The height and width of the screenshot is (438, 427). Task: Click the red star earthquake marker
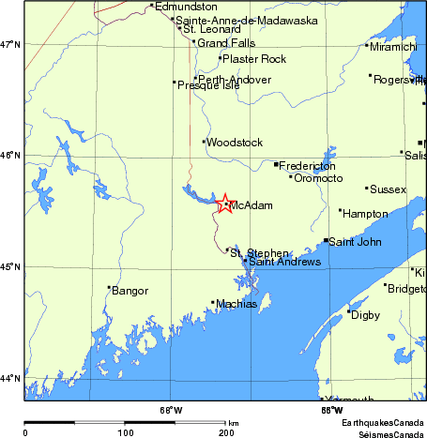pos(224,204)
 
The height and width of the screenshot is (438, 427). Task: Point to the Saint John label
pos(355,242)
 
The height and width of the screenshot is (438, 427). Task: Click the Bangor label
pos(130,291)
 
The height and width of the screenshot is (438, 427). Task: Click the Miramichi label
pos(393,46)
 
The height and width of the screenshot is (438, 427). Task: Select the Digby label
pos(365,315)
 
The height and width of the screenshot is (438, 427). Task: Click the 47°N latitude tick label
pos(10,44)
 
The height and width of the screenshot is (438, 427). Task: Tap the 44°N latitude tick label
pos(10,378)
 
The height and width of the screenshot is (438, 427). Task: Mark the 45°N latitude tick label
pos(10,267)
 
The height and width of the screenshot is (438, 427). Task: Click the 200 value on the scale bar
pos(226,432)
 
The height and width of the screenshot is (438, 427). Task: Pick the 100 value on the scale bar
pos(125,432)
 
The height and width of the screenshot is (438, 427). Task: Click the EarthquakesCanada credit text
pos(383,424)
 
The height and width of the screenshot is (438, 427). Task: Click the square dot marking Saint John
pos(326,241)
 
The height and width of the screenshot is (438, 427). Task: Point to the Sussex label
pos(389,189)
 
